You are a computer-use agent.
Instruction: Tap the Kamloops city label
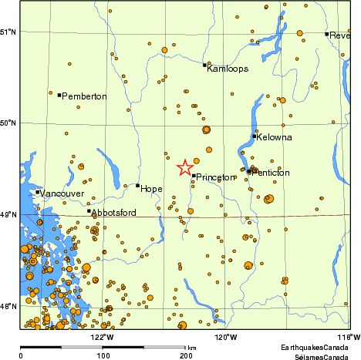click(x=228, y=69)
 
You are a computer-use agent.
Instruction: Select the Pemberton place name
click(x=86, y=96)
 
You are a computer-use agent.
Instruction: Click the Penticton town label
click(x=271, y=173)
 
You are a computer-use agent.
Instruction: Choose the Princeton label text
click(x=215, y=177)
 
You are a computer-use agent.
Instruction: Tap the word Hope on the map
click(x=152, y=188)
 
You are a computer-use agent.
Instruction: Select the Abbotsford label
click(x=115, y=212)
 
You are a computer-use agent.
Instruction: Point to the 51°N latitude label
click(x=9, y=32)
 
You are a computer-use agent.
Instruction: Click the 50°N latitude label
click(x=9, y=123)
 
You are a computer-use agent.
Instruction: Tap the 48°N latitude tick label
click(x=9, y=307)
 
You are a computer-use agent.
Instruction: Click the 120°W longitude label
click(x=224, y=336)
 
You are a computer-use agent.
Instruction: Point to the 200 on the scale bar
click(x=185, y=356)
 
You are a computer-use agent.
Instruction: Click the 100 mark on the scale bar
click(x=103, y=356)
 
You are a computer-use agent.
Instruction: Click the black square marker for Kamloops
click(x=204, y=65)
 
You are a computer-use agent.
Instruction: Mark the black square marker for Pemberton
click(x=59, y=95)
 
